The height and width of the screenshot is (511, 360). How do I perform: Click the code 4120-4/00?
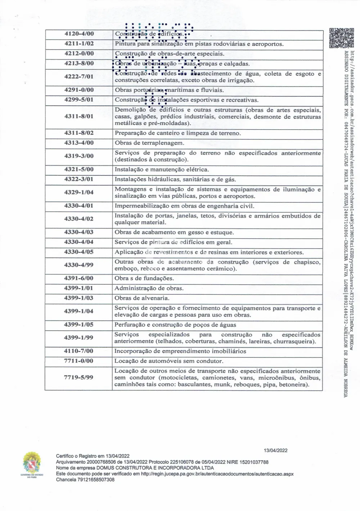coord(79,34)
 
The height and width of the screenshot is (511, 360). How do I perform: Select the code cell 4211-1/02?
coord(79,44)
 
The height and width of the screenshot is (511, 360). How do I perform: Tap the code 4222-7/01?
coord(79,76)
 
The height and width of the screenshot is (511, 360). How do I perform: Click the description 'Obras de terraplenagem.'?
coord(149,143)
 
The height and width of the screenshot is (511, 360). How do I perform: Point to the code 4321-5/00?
coord(79,169)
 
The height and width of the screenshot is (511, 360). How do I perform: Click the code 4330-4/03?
coord(79,232)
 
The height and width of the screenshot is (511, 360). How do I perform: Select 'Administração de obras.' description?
coord(149,288)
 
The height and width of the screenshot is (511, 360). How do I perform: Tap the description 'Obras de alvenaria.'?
coord(142,298)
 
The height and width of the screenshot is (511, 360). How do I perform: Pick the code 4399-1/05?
coord(79,324)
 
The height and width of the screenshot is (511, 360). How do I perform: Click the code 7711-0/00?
coord(79,361)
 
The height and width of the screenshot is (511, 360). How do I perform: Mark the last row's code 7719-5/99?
coord(79,377)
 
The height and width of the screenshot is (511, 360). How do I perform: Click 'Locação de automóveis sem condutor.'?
coord(169,361)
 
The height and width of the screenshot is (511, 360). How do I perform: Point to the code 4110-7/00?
coord(79,351)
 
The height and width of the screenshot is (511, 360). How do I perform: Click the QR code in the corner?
coord(339,38)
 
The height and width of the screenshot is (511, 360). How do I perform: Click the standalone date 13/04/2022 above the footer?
coord(276,450)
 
